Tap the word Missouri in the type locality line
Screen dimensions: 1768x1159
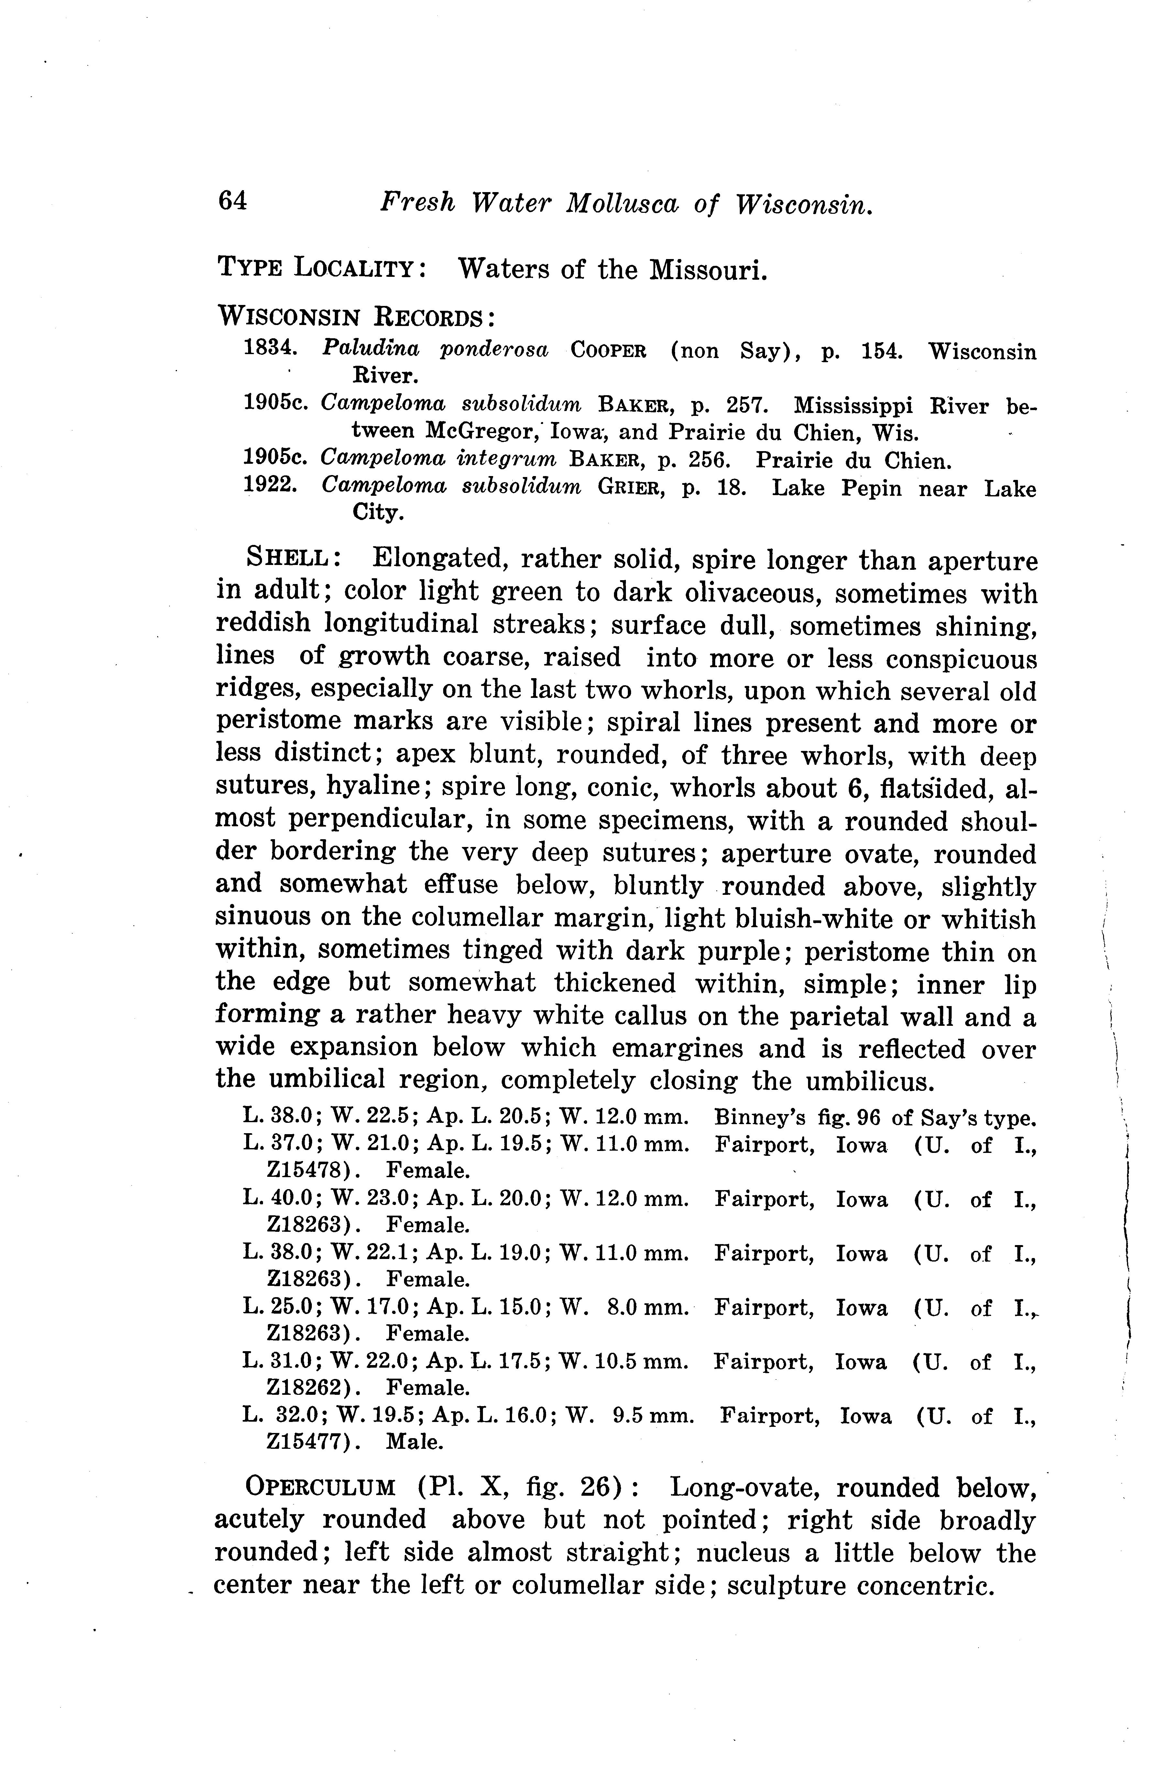(x=708, y=270)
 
